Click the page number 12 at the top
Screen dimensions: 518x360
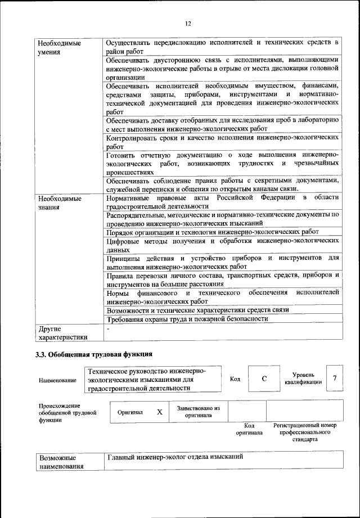(x=187, y=23)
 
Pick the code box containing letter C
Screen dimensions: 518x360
(x=264, y=379)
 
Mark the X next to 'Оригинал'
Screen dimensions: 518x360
(x=160, y=412)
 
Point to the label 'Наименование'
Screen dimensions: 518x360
(x=57, y=380)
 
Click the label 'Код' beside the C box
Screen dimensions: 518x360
(x=235, y=379)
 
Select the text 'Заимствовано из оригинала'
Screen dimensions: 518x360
(x=198, y=412)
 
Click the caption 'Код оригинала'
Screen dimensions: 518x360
(x=249, y=429)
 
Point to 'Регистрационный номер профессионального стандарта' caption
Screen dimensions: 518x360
(x=304, y=432)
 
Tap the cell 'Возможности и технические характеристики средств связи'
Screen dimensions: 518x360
(x=197, y=310)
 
